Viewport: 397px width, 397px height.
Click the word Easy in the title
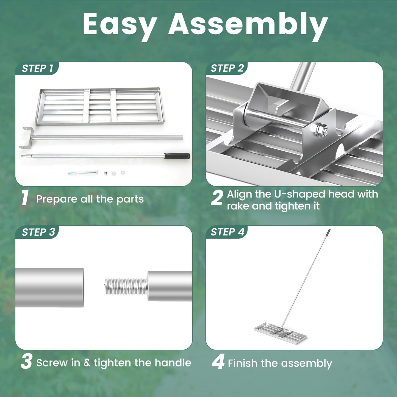120,25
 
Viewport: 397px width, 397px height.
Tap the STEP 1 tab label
37,68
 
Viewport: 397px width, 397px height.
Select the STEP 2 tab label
227,68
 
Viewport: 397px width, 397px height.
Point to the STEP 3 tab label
38,232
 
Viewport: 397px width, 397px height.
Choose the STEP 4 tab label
227,232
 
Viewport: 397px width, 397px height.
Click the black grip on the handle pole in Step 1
177,156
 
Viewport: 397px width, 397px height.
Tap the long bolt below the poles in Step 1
82,173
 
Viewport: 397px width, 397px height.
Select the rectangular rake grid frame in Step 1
100,107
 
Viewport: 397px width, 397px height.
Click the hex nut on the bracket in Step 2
322,130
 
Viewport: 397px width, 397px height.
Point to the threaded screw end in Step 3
125,286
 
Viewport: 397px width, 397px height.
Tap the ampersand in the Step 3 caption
87,363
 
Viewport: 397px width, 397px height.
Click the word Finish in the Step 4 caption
243,363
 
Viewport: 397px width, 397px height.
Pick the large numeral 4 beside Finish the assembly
218,362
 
